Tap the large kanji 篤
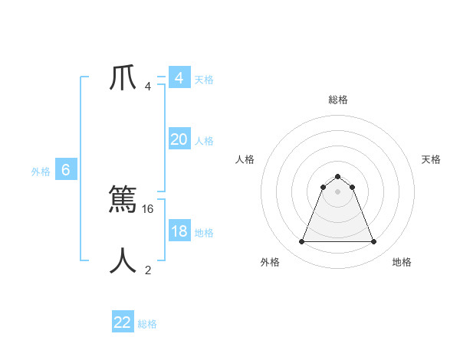tap(123, 200)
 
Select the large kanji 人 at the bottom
tap(123, 261)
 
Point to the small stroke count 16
tap(149, 208)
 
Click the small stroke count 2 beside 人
tap(148, 270)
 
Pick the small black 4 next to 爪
tap(148, 86)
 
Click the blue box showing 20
tap(179, 139)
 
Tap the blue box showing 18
tap(179, 231)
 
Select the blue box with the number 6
tap(66, 170)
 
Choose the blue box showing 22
tap(123, 322)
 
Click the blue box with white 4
tap(179, 78)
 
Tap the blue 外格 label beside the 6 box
tap(41, 172)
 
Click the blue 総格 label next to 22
tap(147, 324)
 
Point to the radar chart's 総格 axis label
tap(338, 100)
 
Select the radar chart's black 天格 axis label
tap(432, 159)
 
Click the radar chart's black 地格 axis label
tap(402, 262)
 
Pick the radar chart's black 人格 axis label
tap(245, 159)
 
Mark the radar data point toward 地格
tap(373, 242)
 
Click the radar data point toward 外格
tap(302, 242)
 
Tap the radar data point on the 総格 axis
tap(338, 177)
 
